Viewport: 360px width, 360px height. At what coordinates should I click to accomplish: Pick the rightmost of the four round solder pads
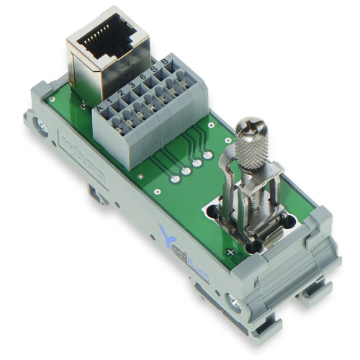pyautogui.click(x=207, y=156)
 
